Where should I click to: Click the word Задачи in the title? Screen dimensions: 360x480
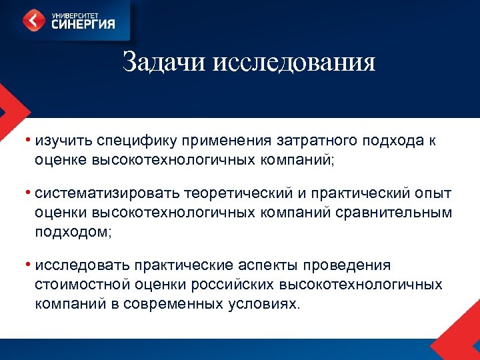(x=165, y=63)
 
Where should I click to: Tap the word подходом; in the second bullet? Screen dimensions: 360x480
(x=73, y=232)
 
